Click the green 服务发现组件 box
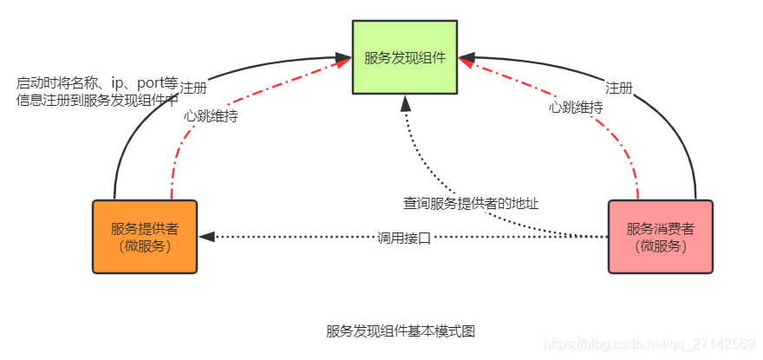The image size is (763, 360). point(405,57)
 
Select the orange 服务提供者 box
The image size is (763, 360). point(145,237)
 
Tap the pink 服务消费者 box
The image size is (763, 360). point(660,237)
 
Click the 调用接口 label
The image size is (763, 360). point(404,238)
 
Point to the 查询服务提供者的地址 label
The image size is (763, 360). point(471,205)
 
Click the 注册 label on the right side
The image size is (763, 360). point(618,88)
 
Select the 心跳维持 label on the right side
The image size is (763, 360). point(576,107)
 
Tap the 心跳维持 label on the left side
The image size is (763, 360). point(211,115)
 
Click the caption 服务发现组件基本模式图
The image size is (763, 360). point(401,331)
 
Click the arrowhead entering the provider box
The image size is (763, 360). point(205,236)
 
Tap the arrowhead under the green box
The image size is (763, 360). point(405,101)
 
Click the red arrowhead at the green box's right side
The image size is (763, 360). point(467,62)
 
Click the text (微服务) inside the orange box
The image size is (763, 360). point(145,245)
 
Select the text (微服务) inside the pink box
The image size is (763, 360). point(660,245)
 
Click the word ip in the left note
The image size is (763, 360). point(119,83)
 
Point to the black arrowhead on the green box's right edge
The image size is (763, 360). point(465,57)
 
